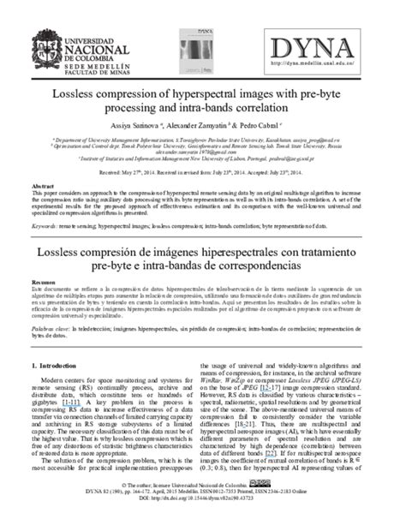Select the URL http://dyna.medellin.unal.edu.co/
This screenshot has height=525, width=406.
[333, 63]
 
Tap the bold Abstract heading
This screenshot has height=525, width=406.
[42, 185]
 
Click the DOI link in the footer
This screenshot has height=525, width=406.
[204, 520]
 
